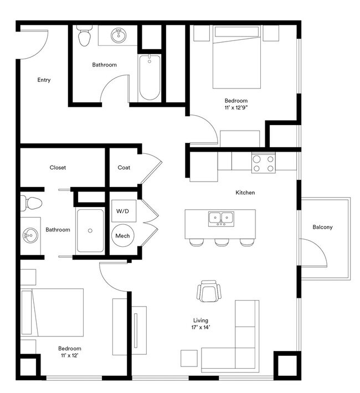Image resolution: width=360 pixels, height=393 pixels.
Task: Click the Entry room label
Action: coord(44,80)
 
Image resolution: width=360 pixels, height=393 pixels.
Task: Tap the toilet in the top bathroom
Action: coord(85,37)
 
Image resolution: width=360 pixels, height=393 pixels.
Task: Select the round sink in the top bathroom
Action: coord(118,36)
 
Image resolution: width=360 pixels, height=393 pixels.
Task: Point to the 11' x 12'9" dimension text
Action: coord(235,108)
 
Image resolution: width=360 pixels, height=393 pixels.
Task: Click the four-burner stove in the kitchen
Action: coord(263,162)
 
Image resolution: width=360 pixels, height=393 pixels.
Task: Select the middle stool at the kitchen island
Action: coord(222,242)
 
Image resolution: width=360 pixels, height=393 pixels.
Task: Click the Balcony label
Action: coord(323,227)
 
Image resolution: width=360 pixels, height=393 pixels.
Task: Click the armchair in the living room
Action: coord(209,291)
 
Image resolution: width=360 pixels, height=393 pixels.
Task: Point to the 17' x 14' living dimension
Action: coord(201,327)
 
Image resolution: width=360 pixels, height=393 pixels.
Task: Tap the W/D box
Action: coord(122,211)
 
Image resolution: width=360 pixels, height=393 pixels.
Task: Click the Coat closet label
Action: coord(124,168)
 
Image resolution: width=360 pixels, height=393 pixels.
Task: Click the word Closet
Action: coord(58,168)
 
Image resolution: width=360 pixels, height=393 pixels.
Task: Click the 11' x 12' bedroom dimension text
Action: coord(70,355)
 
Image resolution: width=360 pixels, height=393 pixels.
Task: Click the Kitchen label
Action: coord(245,193)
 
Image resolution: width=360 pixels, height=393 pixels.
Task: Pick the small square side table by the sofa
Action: coord(189,358)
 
